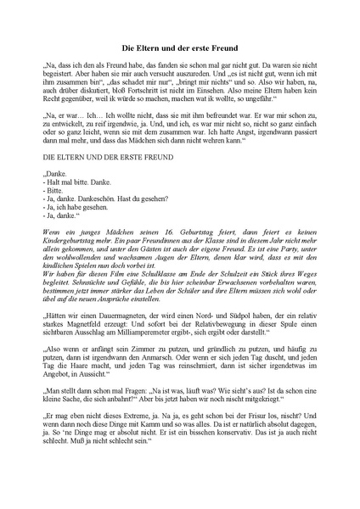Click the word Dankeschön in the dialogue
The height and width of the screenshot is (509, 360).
92,200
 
